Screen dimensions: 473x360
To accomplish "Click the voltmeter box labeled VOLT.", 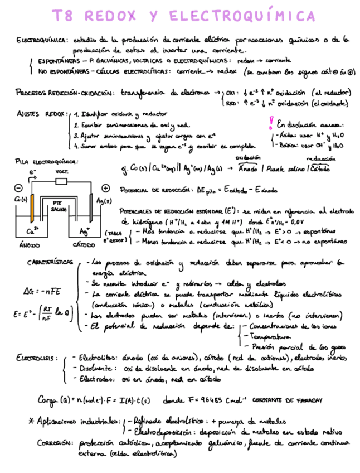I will (x=62, y=182).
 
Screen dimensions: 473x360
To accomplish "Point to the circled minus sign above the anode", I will (x=19, y=188).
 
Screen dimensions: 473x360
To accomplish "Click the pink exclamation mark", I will (x=271, y=123).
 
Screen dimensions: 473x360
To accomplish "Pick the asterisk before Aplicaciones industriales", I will (x=31, y=419).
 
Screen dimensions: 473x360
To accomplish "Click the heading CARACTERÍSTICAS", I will (x=50, y=262).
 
